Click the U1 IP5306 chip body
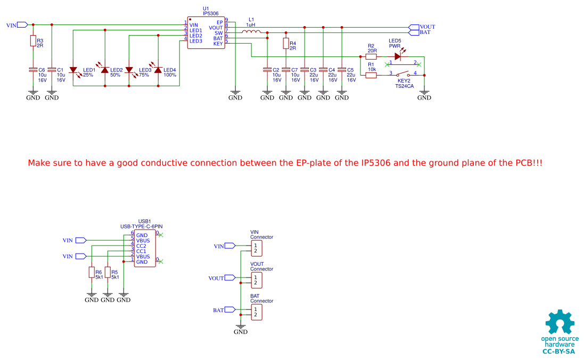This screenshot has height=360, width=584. click(205, 32)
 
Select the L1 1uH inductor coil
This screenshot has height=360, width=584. click(251, 32)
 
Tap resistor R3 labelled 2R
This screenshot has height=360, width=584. click(33, 40)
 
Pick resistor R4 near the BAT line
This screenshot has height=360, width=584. click(286, 43)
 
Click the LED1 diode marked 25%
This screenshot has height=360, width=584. click(73, 70)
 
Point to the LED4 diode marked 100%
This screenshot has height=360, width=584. click(158, 70)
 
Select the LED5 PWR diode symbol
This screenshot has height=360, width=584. click(397, 56)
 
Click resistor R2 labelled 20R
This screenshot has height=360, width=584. click(371, 56)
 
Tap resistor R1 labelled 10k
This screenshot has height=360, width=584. click(371, 75)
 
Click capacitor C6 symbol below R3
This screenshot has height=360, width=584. click(33, 70)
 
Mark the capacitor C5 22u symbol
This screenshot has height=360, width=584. click(342, 70)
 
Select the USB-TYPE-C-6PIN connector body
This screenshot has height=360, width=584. click(145, 248)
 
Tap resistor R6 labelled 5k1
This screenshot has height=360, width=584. click(92, 272)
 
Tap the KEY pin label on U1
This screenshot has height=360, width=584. click(218, 44)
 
